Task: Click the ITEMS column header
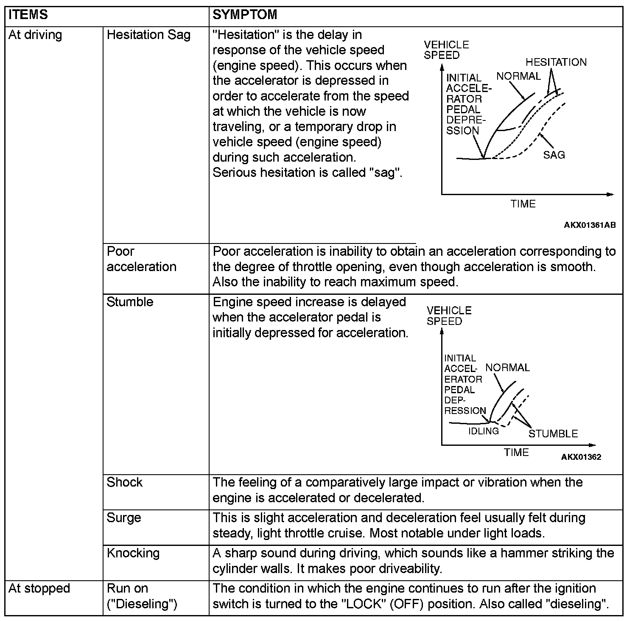28,15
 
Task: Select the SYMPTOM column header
245,15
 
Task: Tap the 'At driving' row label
35,35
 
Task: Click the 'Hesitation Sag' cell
148,35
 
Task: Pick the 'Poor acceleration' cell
141,259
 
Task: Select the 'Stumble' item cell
130,302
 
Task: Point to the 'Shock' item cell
124,482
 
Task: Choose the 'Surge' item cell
124,518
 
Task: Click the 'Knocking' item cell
133,553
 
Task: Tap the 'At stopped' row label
39,588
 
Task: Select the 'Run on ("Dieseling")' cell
142,596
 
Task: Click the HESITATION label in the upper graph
556,62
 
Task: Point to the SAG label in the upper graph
554,155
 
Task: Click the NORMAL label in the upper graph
518,76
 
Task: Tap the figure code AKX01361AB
590,225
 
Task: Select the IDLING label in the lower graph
483,431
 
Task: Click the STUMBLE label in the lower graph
553,434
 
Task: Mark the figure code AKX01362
581,457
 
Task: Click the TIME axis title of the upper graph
523,204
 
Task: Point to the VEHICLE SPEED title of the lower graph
449,316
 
